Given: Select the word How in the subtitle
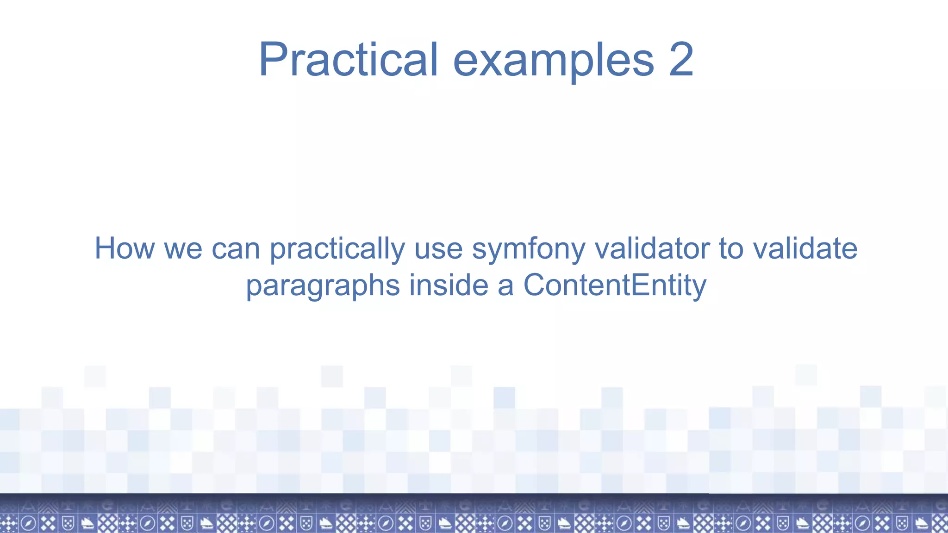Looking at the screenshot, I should click(x=124, y=248).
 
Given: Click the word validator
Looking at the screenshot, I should click(x=652, y=248).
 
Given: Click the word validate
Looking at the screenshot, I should click(x=805, y=248).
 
